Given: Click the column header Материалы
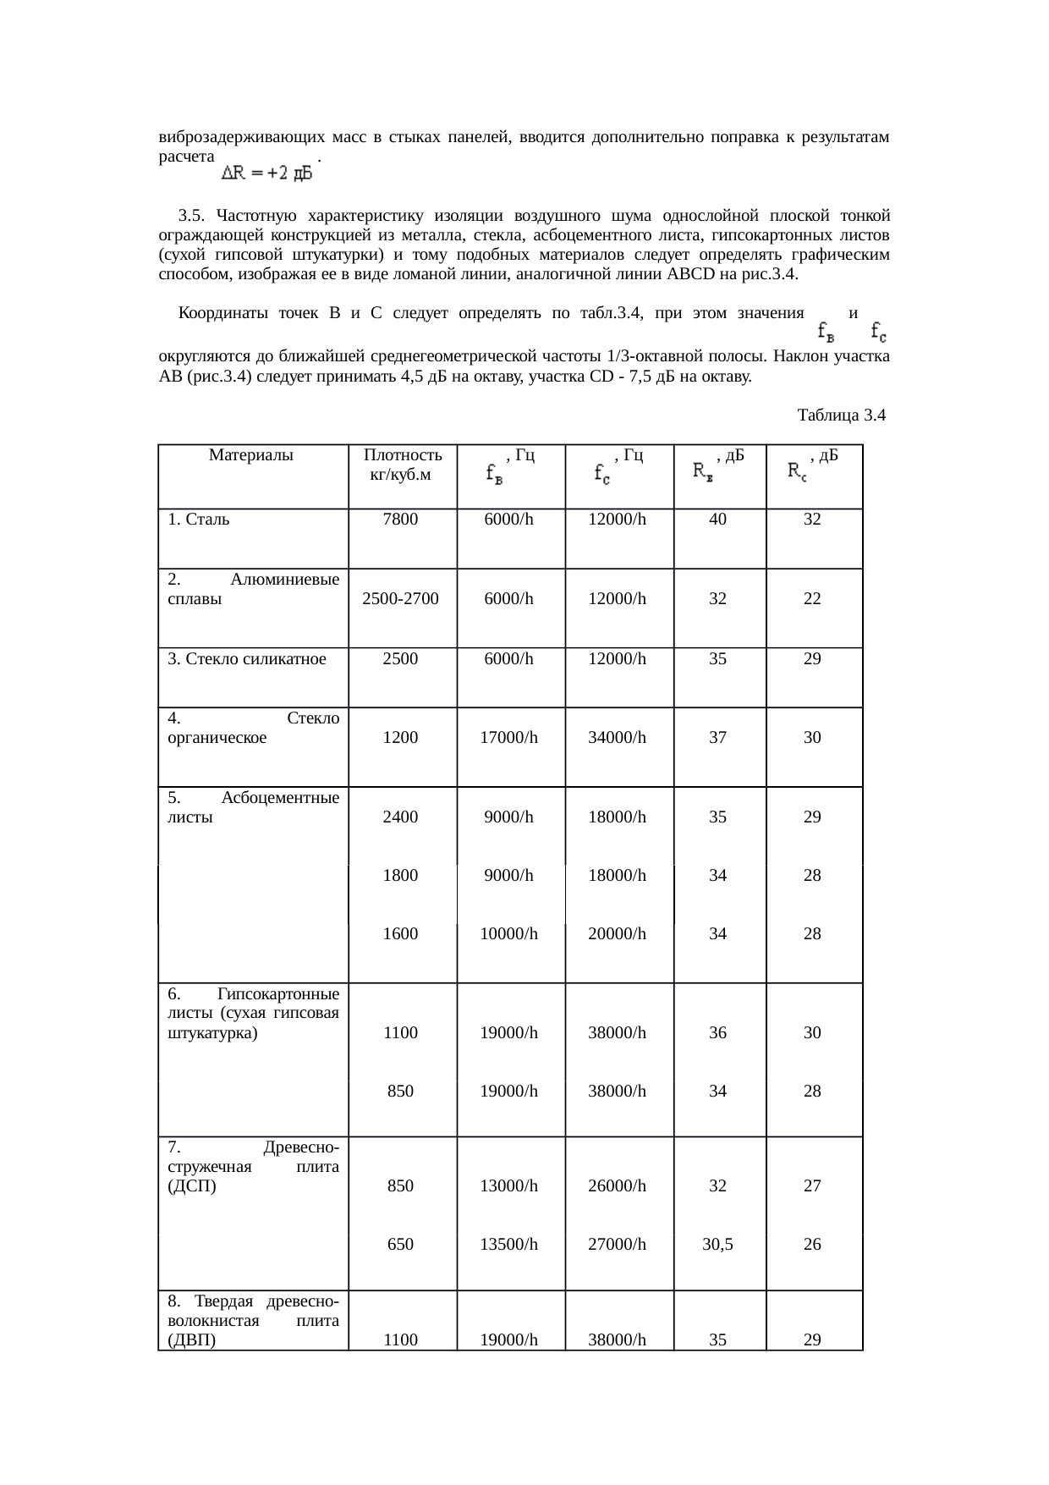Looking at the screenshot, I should [x=250, y=455].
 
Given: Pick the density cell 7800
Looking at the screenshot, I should [x=400, y=520].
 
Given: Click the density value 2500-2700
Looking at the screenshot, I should [x=400, y=599].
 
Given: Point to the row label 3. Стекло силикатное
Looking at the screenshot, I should [x=247, y=659].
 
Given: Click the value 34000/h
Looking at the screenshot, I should [x=618, y=738].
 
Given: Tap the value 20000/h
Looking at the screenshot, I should [x=618, y=934].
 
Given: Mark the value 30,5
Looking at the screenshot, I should [x=717, y=1245].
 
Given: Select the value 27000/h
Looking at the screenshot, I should [x=618, y=1245].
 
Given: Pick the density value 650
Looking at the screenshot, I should [x=400, y=1245].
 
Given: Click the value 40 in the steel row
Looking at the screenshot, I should [x=717, y=520].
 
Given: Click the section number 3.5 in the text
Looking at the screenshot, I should [x=191, y=212].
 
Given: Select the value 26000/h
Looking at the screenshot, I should [x=618, y=1186].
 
